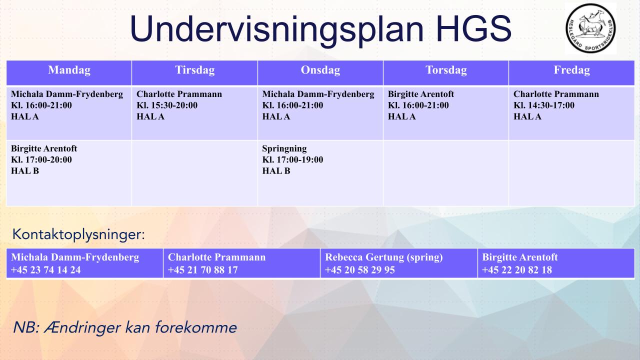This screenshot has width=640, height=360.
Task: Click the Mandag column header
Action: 69,70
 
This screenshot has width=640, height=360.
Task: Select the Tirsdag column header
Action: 195,70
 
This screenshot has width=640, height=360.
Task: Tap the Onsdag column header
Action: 320,70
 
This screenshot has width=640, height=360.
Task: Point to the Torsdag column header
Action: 446,70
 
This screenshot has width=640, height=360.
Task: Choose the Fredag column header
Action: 571,70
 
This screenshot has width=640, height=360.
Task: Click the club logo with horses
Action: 590,28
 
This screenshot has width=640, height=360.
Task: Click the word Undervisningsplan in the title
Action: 276,29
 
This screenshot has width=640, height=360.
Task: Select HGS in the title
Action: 473,28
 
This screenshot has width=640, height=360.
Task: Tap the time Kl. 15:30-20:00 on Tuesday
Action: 167,105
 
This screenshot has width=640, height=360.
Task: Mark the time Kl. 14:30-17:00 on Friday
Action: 543,105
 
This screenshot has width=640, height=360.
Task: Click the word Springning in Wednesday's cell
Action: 284,149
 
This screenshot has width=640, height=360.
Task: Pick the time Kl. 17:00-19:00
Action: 292,159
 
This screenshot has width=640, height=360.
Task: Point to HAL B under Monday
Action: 25,171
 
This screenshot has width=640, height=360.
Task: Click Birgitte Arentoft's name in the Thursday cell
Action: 421,94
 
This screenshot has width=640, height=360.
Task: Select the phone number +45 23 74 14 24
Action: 45,270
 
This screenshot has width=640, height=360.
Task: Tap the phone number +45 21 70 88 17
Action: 202,270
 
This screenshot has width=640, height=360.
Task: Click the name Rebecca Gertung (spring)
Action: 383,257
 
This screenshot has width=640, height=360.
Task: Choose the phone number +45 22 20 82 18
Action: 517,270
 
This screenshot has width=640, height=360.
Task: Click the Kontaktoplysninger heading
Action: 78,235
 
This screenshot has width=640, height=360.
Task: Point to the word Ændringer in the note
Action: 82,327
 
